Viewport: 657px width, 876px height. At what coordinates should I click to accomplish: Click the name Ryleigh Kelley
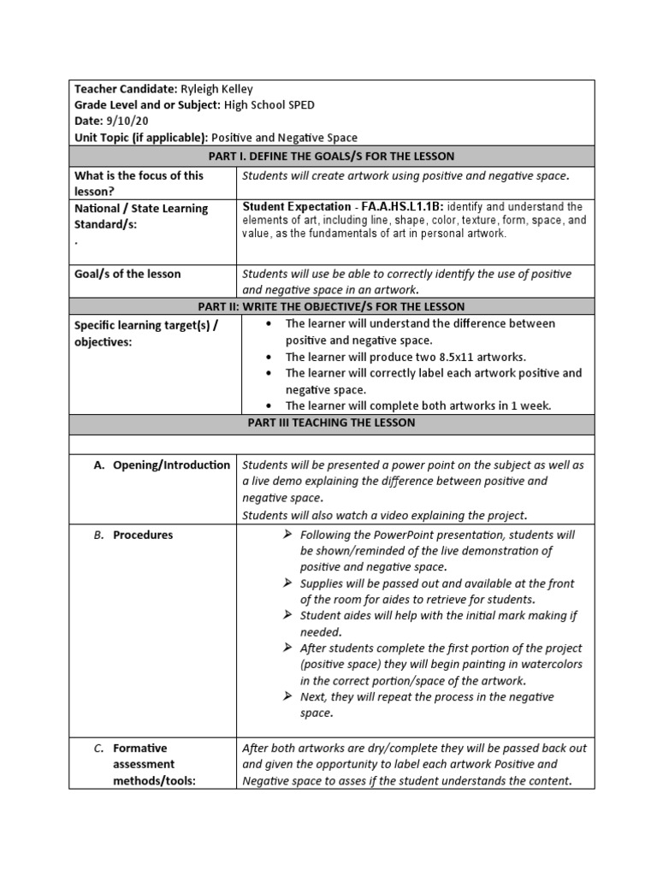pos(216,89)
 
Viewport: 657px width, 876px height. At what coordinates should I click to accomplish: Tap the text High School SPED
pos(269,105)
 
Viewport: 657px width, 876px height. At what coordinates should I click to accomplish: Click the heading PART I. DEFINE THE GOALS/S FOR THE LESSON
pos(331,156)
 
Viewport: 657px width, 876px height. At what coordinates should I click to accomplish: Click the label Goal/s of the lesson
pos(127,275)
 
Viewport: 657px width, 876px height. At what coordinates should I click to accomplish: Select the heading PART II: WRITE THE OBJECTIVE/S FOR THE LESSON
pos(331,307)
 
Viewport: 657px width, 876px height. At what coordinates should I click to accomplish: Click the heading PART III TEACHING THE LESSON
pos(331,423)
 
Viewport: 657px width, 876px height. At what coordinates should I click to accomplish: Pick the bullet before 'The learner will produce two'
pos(269,357)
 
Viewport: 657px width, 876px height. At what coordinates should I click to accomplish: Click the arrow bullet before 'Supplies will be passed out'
pos(287,583)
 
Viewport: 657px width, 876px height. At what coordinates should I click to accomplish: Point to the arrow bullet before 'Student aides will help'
pos(287,616)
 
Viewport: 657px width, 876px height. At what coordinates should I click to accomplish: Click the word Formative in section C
pos(140,748)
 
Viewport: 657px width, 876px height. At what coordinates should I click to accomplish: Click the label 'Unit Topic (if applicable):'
pos(141,138)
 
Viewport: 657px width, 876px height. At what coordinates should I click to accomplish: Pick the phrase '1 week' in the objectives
pos(535,405)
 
